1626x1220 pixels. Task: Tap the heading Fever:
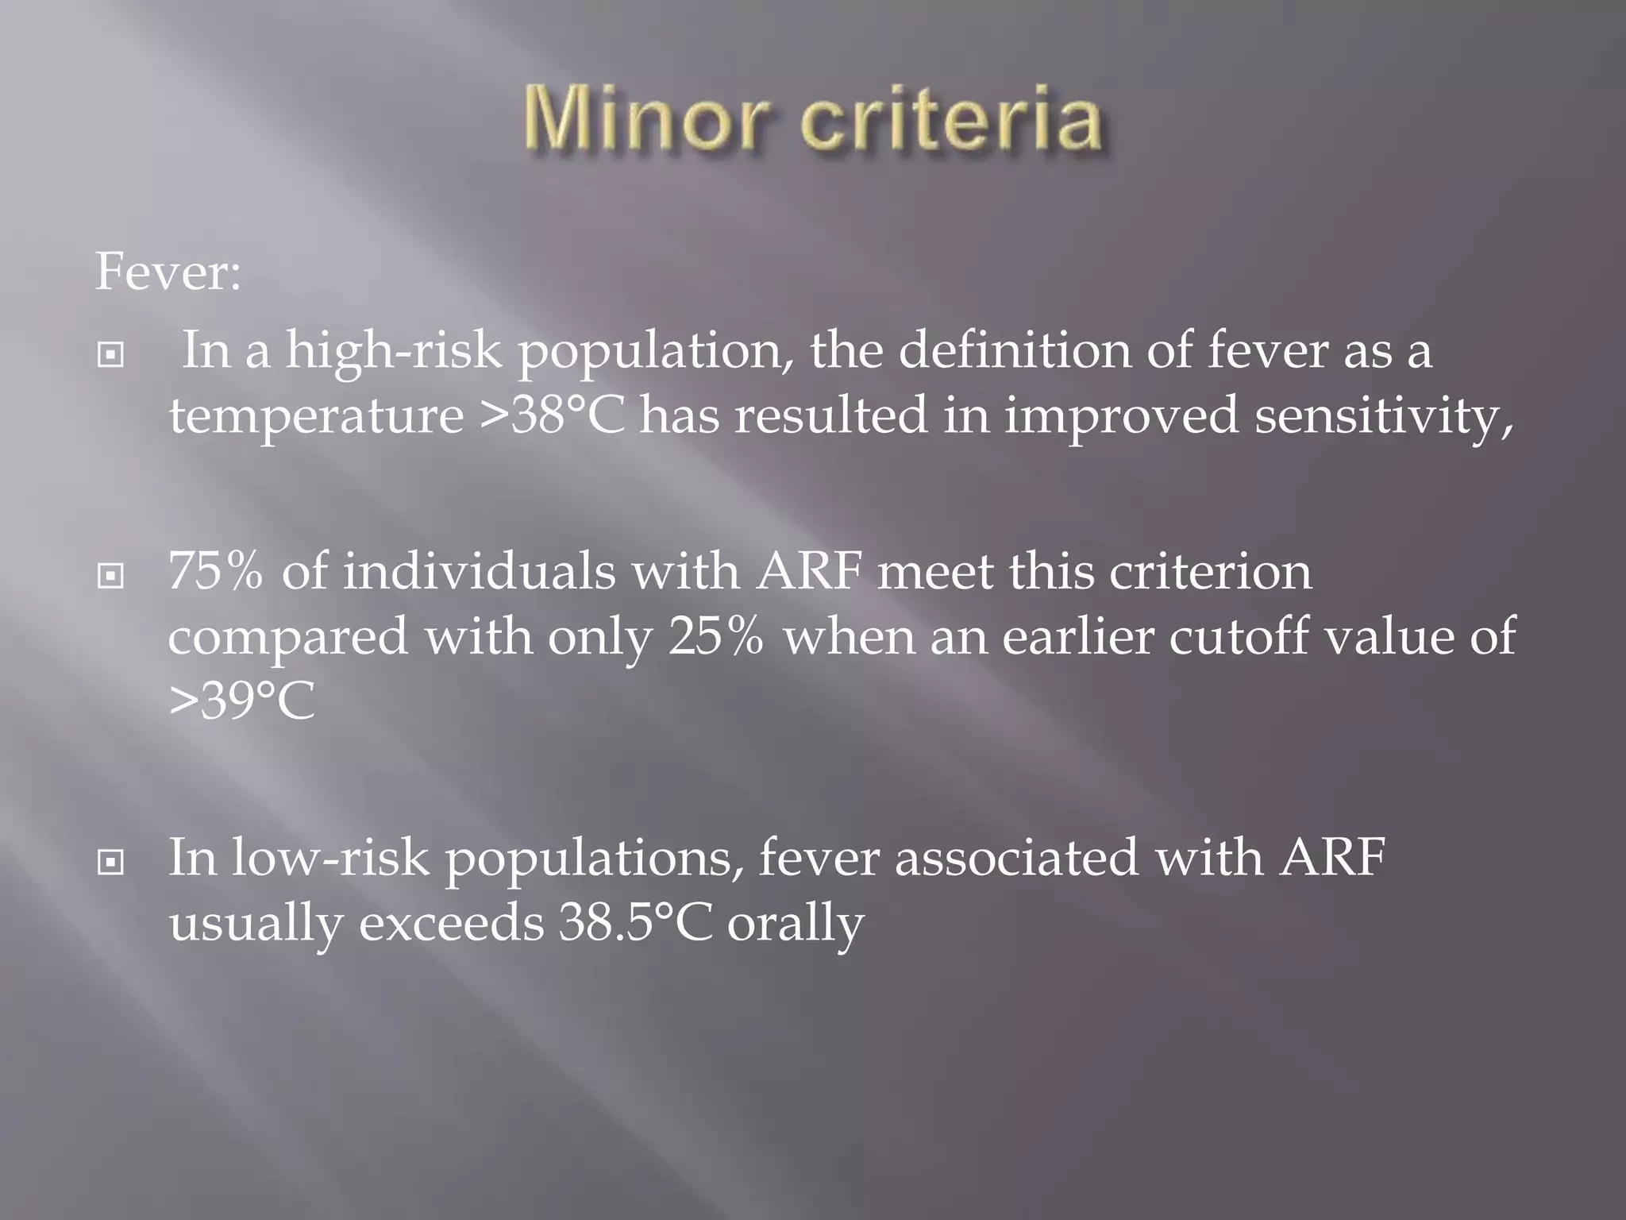(168, 272)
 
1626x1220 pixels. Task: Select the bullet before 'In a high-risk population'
(110, 355)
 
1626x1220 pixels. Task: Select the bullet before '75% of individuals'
(110, 576)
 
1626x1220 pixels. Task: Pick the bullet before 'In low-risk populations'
(110, 862)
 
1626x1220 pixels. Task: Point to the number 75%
(215, 572)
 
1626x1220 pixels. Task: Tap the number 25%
(715, 636)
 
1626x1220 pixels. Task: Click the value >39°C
(241, 701)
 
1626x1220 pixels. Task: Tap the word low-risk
(329, 859)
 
